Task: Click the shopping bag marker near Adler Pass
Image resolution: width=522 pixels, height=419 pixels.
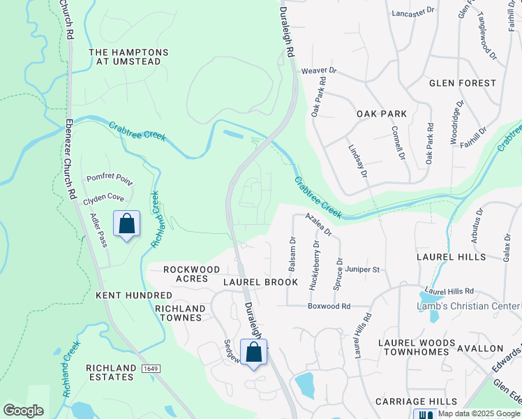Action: [126, 224]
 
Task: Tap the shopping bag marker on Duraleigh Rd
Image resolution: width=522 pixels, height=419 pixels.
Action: [254, 353]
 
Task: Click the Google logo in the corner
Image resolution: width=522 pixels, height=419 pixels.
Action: [23, 411]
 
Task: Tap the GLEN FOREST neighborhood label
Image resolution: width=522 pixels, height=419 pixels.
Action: [463, 83]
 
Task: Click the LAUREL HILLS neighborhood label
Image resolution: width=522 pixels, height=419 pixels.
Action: [451, 257]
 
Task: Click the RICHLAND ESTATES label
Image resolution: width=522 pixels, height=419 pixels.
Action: [110, 372]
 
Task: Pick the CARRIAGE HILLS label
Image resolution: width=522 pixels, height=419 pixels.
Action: [416, 402]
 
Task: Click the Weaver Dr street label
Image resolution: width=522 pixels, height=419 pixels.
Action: [319, 71]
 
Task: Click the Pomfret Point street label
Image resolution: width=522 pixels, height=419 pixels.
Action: [110, 178]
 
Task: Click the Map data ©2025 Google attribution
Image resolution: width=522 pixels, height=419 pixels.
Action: [478, 413]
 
